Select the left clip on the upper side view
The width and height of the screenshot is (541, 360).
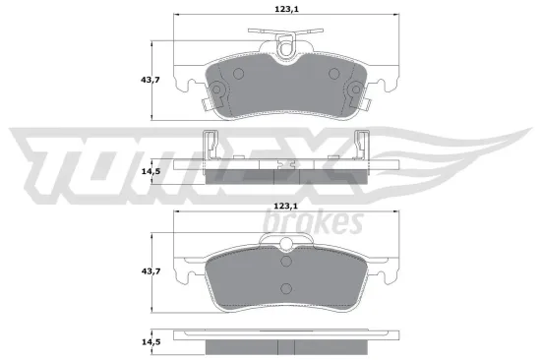pyautogui.click(x=209, y=146)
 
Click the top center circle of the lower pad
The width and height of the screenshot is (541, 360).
pyautogui.click(x=286, y=260)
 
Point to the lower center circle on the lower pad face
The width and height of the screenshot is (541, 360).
pyautogui.click(x=286, y=287)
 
